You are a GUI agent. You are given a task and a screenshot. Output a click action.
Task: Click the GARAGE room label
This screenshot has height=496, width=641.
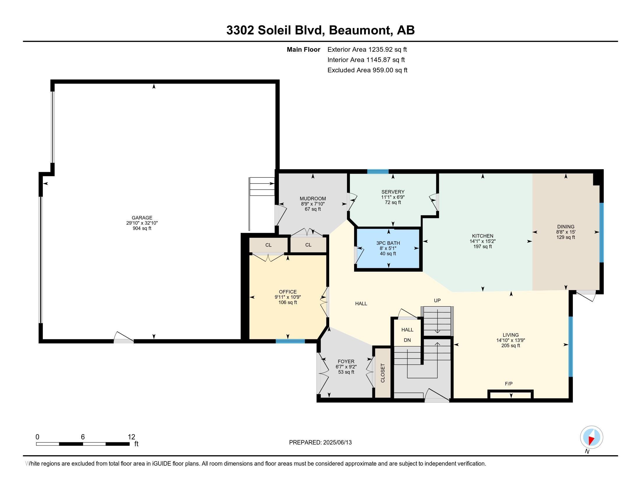(142, 218)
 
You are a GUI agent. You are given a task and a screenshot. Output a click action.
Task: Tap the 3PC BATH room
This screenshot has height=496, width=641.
(388, 249)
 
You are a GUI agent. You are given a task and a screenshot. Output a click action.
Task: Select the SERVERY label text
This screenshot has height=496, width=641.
(393, 192)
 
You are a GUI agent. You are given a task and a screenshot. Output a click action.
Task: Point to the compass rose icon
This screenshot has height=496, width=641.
(591, 437)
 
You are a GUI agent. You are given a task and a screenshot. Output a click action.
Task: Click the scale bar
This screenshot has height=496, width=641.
(83, 444)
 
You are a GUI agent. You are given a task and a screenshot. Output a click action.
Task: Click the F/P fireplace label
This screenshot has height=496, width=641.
(509, 384)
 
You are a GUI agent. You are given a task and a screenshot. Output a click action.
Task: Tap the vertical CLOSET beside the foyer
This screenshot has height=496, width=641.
(383, 373)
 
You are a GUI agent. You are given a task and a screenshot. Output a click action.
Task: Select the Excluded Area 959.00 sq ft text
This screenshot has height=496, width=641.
(367, 70)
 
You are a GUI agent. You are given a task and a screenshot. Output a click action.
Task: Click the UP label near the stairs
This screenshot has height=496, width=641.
(437, 301)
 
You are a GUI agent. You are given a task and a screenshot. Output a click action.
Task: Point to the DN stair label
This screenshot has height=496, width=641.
(407, 340)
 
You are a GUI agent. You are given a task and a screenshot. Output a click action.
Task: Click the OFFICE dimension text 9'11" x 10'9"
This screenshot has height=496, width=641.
(288, 297)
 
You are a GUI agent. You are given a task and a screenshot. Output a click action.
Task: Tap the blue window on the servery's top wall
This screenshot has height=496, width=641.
(378, 172)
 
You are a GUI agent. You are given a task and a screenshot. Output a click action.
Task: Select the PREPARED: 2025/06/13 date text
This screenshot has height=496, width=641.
(320, 443)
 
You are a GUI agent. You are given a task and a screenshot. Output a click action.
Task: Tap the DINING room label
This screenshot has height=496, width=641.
(566, 226)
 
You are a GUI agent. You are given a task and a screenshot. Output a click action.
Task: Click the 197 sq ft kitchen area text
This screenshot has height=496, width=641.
(482, 247)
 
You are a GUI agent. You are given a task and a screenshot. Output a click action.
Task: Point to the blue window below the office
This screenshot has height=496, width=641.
(290, 341)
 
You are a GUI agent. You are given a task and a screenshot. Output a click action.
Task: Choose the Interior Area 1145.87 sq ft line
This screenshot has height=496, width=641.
(366, 60)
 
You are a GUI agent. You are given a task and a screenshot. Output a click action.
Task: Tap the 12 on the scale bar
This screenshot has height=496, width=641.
(131, 437)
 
